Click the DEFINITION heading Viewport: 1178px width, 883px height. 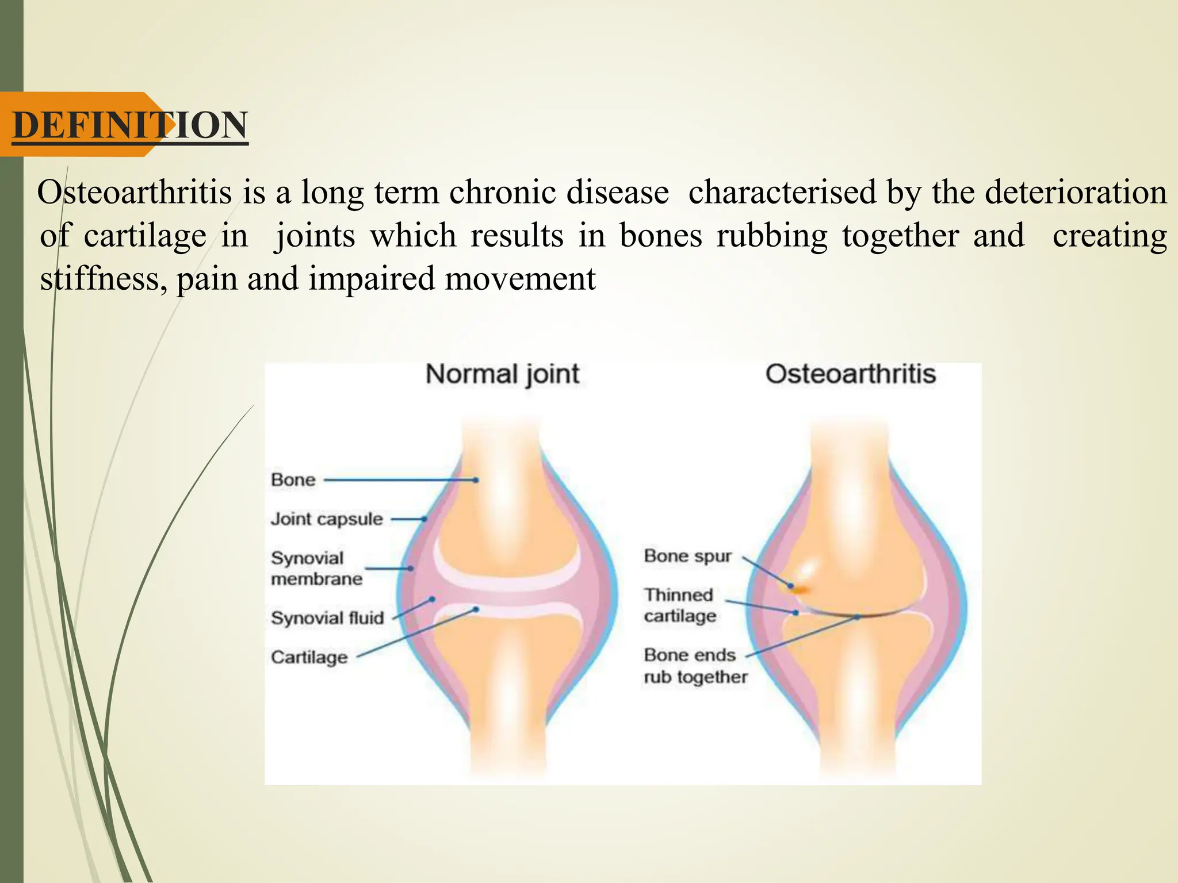130,125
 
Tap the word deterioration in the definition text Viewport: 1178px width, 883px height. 1076,192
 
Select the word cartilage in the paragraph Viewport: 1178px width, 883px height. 144,236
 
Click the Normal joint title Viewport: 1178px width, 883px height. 502,374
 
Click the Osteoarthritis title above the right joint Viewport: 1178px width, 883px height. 850,374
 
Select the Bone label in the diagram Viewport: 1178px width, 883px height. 293,480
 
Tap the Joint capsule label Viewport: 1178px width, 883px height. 327,519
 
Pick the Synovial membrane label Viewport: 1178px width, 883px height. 316,569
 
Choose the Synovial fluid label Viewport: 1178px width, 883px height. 327,618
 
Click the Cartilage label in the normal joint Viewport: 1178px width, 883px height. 309,657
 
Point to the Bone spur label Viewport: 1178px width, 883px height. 687,556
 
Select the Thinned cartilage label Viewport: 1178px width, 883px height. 679,605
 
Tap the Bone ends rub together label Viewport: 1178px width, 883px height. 695,666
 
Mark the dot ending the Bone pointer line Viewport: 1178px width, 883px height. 476,480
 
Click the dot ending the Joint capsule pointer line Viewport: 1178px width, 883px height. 424,519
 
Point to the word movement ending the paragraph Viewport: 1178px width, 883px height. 520,279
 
